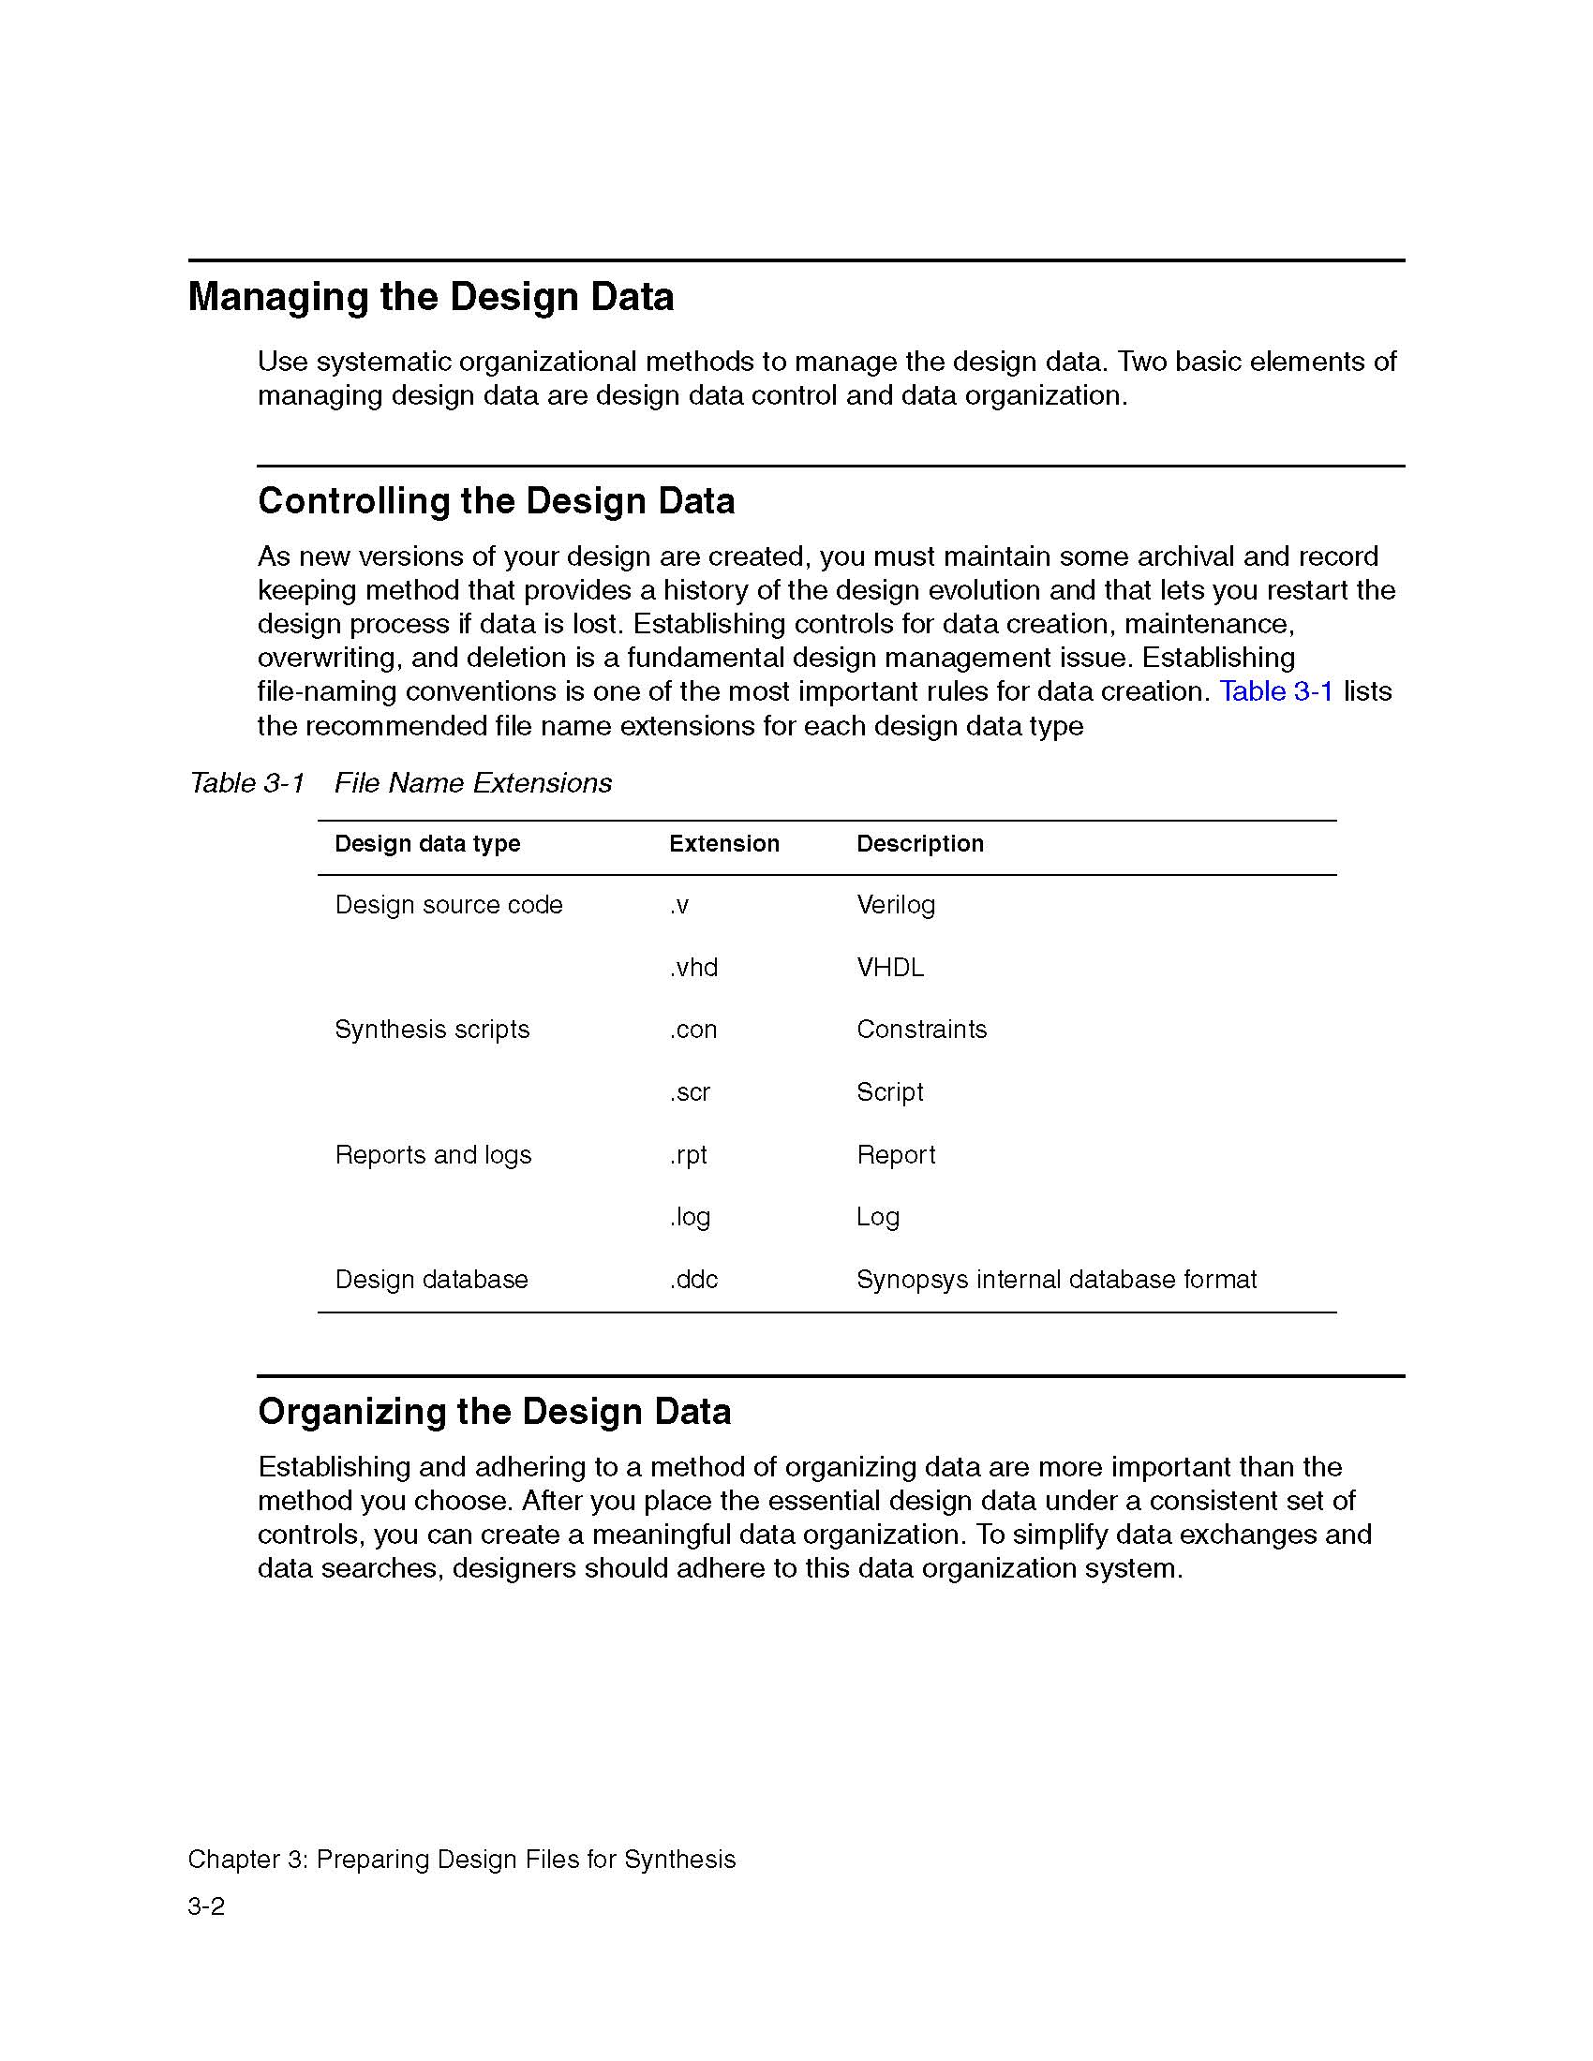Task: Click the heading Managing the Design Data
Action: (430, 297)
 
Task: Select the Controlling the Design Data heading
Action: (496, 501)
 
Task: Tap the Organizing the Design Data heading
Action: (494, 1412)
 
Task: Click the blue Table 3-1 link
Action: (1276, 691)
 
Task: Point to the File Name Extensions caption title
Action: (473, 783)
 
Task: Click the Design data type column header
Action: (426, 844)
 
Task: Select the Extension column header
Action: (723, 844)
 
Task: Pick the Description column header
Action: (919, 844)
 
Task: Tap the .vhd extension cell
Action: (693, 968)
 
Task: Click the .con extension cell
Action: (692, 1030)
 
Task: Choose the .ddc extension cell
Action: (693, 1280)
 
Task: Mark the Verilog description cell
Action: (895, 905)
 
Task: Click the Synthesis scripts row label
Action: (431, 1030)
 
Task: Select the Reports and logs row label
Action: (432, 1155)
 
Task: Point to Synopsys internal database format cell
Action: (1056, 1280)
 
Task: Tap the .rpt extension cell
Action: (688, 1155)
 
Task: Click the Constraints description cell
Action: (921, 1030)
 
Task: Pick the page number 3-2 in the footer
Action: (206, 1906)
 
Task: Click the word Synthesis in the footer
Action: (679, 1859)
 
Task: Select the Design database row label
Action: (430, 1280)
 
